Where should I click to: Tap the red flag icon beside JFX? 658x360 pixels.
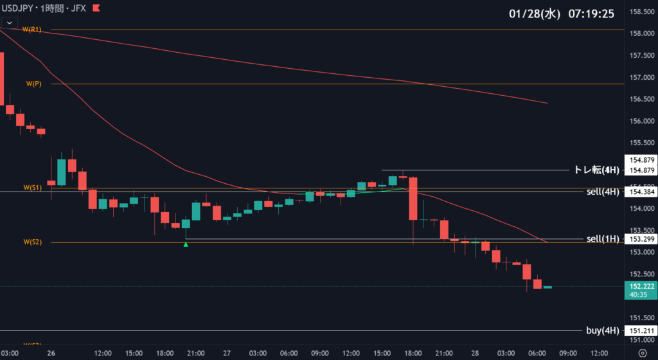pyautogui.click(x=96, y=8)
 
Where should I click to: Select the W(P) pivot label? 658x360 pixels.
pyautogui.click(x=33, y=84)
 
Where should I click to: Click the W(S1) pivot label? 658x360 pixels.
pyautogui.click(x=32, y=188)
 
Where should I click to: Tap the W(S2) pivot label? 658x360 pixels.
pyautogui.click(x=32, y=242)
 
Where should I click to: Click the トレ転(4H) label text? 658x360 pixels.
pyautogui.click(x=596, y=170)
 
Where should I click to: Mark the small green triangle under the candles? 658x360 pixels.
pyautogui.click(x=186, y=244)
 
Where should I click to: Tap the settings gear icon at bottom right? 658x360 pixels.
pyautogui.click(x=643, y=353)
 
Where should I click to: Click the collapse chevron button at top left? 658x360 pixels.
pyautogui.click(x=10, y=22)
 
